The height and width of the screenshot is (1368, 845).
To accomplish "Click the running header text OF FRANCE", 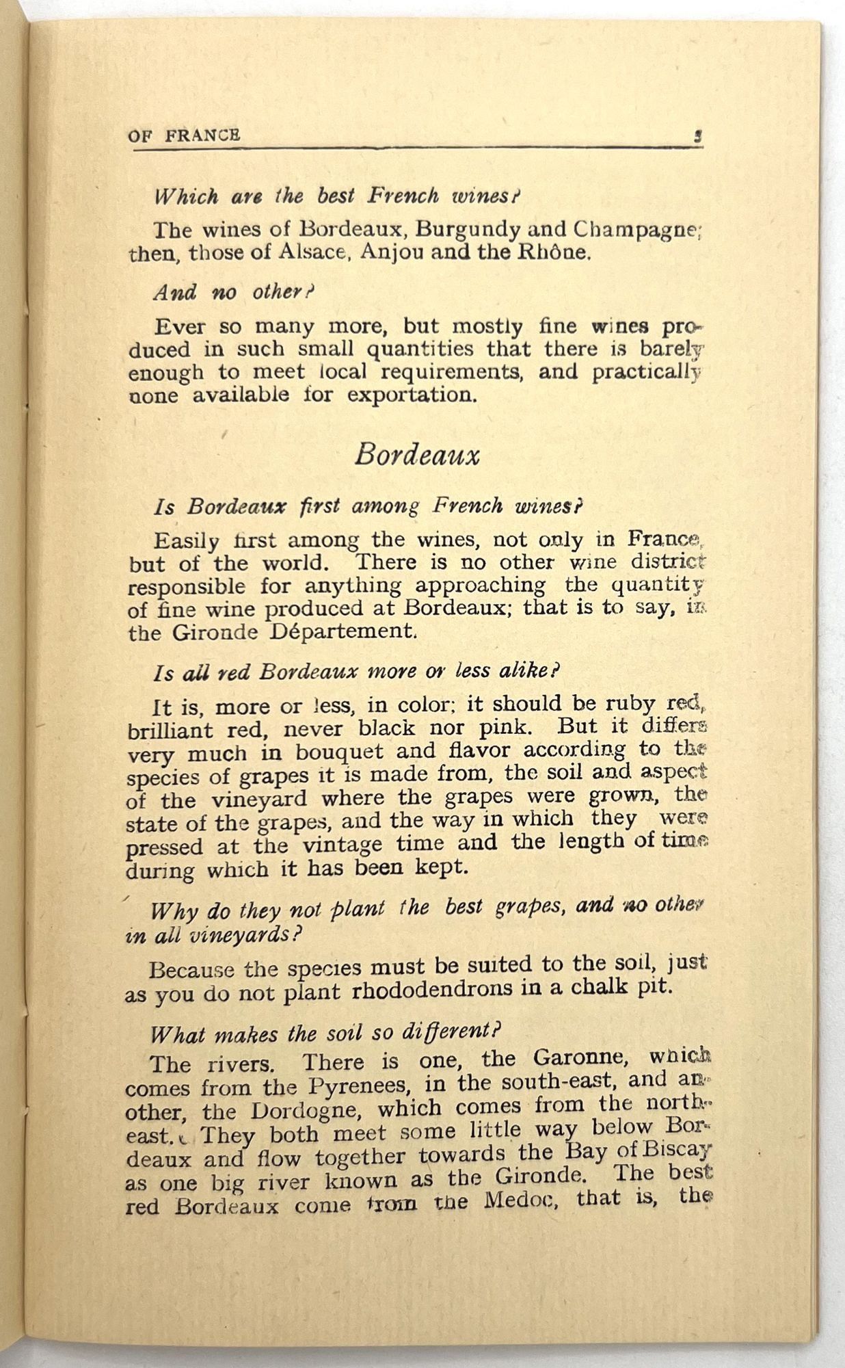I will pos(184,135).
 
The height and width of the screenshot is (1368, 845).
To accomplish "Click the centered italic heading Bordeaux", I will pos(416,455).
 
